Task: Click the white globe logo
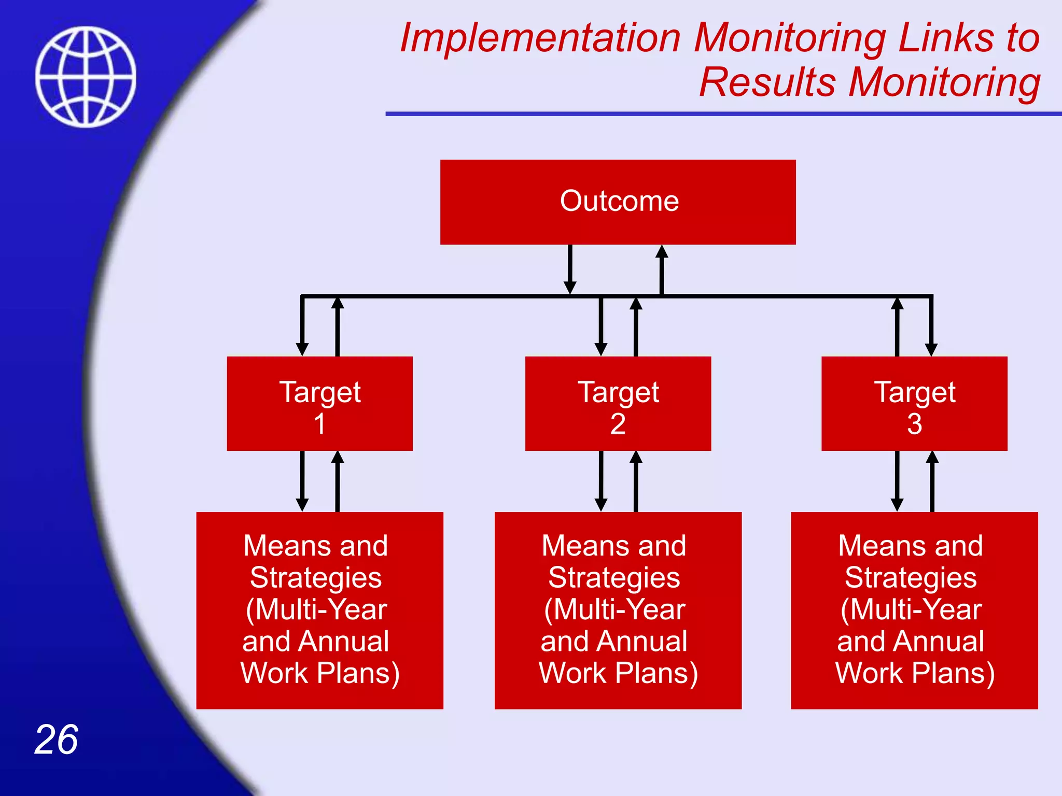(86, 77)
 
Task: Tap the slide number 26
(56, 740)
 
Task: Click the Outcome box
(618, 202)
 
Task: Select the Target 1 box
(319, 404)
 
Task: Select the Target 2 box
(618, 404)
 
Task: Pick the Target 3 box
(914, 404)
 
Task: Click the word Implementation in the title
(539, 38)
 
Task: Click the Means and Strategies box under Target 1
(319, 610)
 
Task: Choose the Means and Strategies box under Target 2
(618, 610)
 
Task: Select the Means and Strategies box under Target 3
(914, 610)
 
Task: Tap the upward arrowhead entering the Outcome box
(662, 252)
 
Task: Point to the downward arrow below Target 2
(601, 482)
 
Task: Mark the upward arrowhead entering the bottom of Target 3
(932, 458)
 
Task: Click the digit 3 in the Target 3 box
(914, 424)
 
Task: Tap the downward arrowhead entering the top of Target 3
(931, 349)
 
